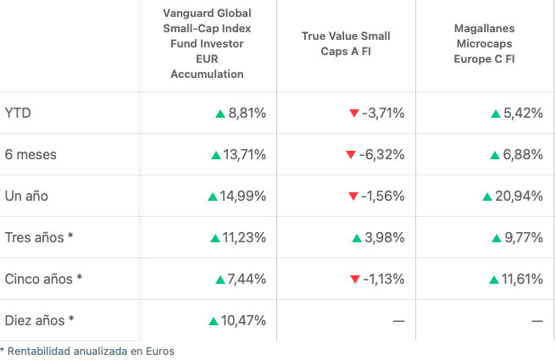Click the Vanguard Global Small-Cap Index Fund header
click(x=207, y=44)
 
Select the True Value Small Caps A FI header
click(x=346, y=44)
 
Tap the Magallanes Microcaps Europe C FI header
click(x=485, y=44)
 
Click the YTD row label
click(x=19, y=113)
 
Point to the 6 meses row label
click(x=31, y=154)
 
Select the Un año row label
click(x=26, y=196)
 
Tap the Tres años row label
click(x=39, y=237)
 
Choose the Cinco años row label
click(x=44, y=279)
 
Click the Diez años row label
click(x=40, y=320)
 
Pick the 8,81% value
click(x=247, y=113)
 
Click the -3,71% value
click(x=383, y=113)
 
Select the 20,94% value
click(x=519, y=196)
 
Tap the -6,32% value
click(x=381, y=154)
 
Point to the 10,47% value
click(x=243, y=320)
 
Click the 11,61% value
click(x=522, y=279)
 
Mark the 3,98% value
click(x=386, y=237)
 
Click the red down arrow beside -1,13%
click(x=354, y=280)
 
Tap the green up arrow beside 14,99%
click(x=213, y=197)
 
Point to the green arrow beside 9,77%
click(x=497, y=238)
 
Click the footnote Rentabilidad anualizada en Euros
click(x=89, y=351)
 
